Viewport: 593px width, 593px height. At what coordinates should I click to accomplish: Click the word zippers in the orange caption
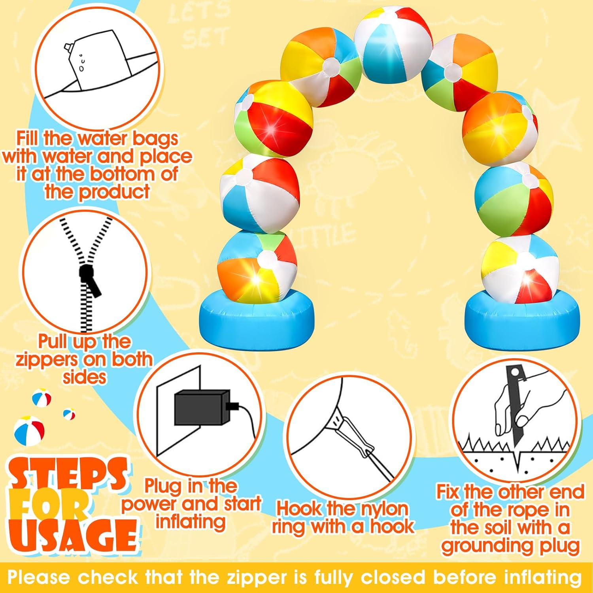pyautogui.click(x=47, y=359)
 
